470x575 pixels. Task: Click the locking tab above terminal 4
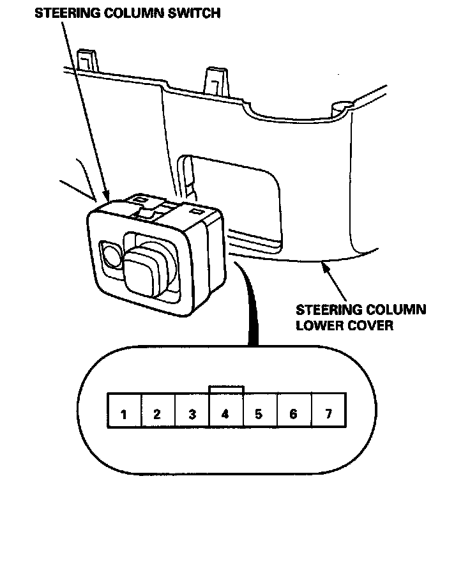coord(226,389)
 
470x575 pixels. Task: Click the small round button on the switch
coord(112,256)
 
